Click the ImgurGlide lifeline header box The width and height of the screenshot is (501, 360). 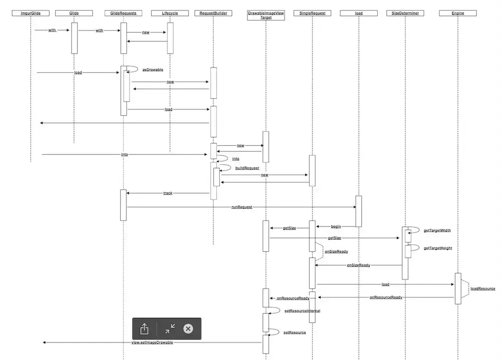tap(31, 13)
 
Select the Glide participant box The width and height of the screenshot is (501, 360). tap(74, 13)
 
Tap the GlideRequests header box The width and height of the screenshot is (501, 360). tap(124, 13)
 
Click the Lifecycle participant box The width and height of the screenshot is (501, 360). tap(170, 13)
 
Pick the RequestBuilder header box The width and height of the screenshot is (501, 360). tap(213, 13)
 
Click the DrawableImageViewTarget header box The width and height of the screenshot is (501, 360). tap(266, 15)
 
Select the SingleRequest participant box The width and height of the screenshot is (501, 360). tap(312, 13)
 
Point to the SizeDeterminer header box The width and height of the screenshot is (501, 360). tap(405, 13)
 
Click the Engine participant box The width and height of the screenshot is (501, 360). tap(457, 13)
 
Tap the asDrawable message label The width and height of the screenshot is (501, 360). tap(153, 70)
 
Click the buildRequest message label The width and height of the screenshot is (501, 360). tap(247, 168)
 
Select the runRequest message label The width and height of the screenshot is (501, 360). tap(241, 206)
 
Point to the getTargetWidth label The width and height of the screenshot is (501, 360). tap(437, 231)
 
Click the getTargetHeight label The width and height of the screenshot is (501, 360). tap(438, 248)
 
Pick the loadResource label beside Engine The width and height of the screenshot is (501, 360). tap(483, 289)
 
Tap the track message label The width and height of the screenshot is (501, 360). tap(168, 193)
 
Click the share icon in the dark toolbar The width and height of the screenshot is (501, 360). tap(144, 329)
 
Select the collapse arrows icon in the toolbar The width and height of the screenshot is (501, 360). tap(170, 328)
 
